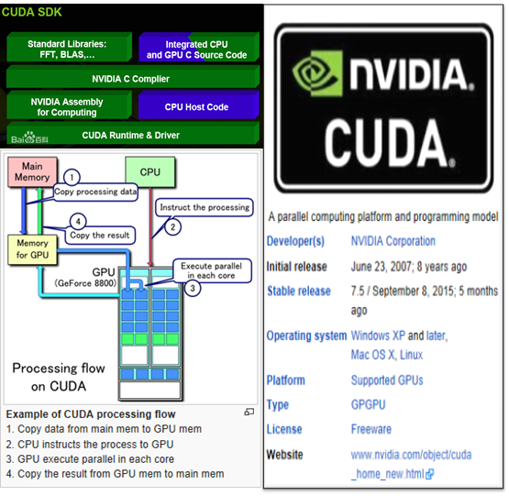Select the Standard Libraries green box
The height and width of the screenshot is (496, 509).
pyautogui.click(x=67, y=49)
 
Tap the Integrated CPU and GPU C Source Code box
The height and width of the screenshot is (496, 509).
pyautogui.click(x=196, y=49)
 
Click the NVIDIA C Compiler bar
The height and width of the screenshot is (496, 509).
pyautogui.click(x=131, y=78)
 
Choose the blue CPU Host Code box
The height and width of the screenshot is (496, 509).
pyautogui.click(x=196, y=106)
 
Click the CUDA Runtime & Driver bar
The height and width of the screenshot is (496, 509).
pyautogui.click(x=131, y=135)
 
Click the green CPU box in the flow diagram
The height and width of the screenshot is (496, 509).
pyautogui.click(x=149, y=171)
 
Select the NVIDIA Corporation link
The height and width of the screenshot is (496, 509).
pyautogui.click(x=393, y=241)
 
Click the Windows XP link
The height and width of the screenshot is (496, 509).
pyautogui.click(x=378, y=336)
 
